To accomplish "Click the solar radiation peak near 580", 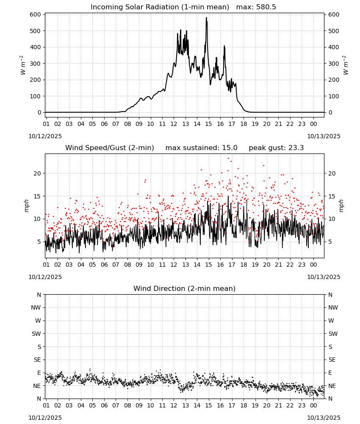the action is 206,18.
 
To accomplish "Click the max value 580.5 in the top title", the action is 266,7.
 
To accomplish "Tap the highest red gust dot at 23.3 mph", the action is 228,159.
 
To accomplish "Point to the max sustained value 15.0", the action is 230,148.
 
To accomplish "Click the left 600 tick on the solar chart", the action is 35,14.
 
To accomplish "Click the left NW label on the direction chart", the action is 36,308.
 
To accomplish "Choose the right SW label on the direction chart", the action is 333,334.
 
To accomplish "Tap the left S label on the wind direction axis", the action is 39,347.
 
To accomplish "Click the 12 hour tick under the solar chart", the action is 174,124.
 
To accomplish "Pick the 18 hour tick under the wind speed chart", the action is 244,265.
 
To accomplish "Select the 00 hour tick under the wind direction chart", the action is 313,406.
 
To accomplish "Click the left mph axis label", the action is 26,206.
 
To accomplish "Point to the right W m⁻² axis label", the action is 346,65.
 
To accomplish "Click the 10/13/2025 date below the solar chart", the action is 324,136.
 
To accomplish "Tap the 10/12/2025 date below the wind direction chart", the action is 45,418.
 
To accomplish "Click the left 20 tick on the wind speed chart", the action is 37,173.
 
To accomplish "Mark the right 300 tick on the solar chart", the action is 334,64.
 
